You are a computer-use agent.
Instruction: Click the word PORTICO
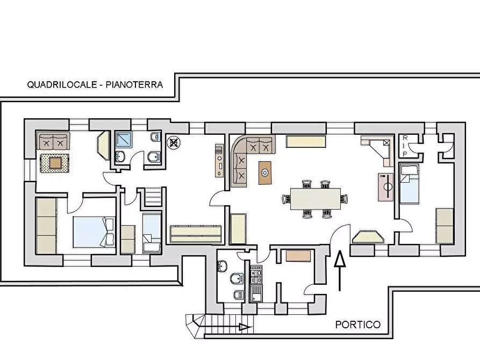[357, 325]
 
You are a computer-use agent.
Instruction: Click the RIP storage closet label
[405, 145]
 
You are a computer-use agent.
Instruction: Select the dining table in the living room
[315, 198]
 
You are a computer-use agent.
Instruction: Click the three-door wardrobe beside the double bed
[46, 226]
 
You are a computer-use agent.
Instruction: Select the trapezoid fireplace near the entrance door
[368, 237]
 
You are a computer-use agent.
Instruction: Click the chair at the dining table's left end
[285, 199]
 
